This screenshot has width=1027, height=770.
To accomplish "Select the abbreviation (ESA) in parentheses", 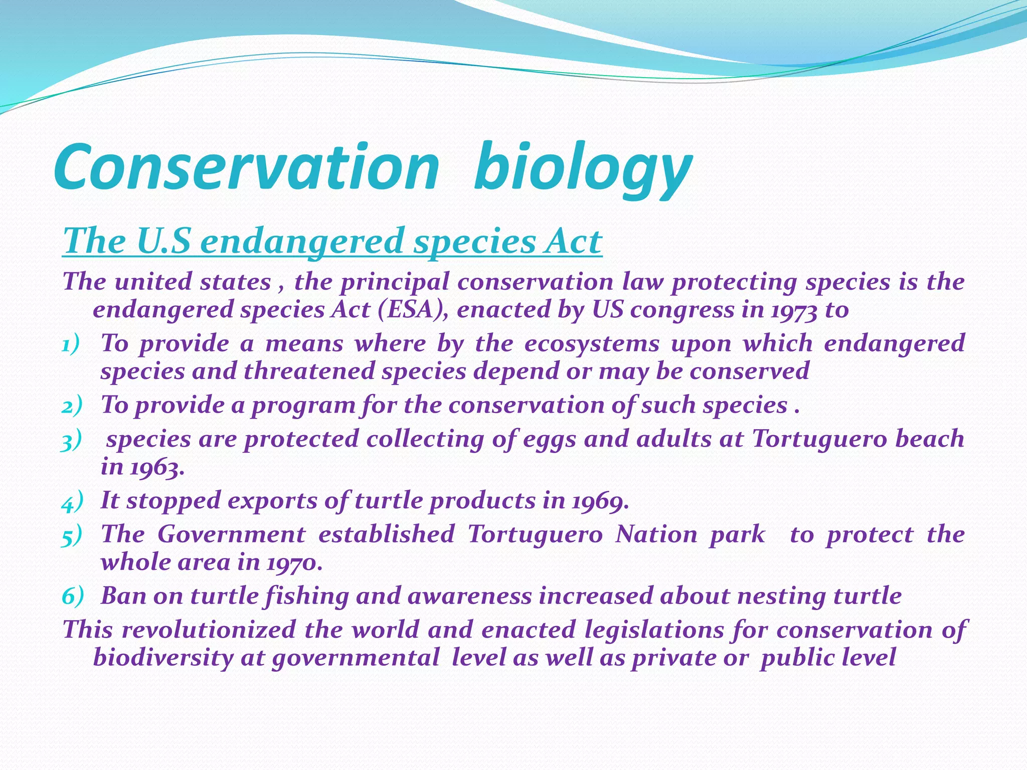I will [412, 309].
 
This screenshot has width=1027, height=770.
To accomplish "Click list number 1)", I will [71, 344].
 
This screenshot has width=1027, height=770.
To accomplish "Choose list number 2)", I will [72, 406].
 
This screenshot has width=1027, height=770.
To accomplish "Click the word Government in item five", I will [231, 534].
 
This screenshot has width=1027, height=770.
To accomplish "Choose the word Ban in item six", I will [122, 596].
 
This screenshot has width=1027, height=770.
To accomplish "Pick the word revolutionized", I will [209, 630].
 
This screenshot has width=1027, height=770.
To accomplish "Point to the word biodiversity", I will [163, 657].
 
